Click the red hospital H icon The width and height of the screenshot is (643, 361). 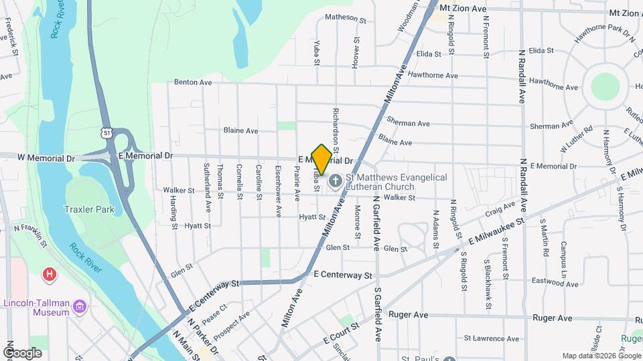click(x=48, y=274)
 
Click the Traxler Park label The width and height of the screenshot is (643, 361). click(x=89, y=209)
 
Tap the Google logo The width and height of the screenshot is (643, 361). click(x=22, y=353)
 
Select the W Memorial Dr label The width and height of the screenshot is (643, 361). click(x=46, y=158)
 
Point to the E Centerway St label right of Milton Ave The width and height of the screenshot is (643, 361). click(x=342, y=275)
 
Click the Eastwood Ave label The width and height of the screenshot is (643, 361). click(x=553, y=283)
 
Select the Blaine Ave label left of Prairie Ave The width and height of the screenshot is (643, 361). click(x=240, y=130)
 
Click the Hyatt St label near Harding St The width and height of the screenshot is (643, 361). click(x=198, y=226)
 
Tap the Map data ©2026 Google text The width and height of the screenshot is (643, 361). click(x=600, y=356)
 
